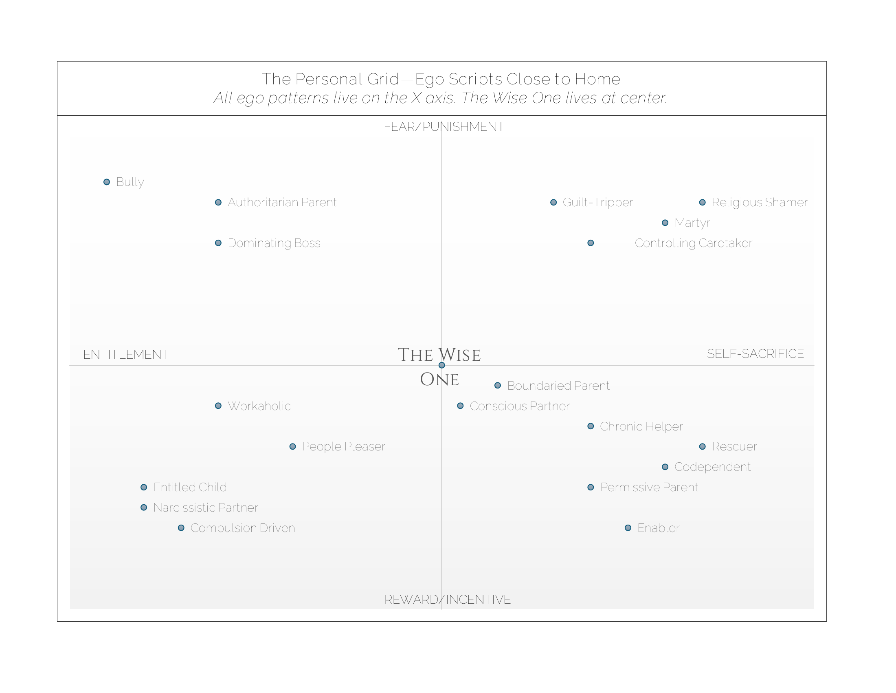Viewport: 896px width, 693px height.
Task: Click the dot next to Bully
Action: point(107,182)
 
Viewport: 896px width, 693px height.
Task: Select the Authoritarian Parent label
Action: point(282,203)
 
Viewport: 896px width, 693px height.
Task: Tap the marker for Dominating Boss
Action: point(218,243)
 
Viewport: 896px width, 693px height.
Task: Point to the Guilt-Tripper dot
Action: point(553,203)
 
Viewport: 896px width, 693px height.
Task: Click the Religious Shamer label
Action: point(760,203)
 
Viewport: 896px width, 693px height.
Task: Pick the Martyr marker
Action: point(665,223)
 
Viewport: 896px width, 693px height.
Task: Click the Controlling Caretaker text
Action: point(693,243)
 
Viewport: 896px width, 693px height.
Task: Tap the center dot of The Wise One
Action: point(442,365)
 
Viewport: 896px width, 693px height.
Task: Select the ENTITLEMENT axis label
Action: point(125,354)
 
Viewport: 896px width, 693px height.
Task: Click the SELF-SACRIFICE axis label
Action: point(755,353)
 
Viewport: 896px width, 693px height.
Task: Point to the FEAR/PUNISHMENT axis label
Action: point(444,127)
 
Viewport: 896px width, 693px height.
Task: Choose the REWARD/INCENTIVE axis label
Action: point(447,599)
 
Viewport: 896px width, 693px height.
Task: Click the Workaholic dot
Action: point(218,406)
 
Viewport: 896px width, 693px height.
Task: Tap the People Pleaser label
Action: point(343,446)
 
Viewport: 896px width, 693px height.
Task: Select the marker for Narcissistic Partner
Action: point(144,508)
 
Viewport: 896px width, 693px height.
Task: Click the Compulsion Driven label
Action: point(242,528)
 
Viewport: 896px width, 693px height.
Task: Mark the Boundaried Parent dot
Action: point(498,385)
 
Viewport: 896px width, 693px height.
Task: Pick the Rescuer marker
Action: point(703,446)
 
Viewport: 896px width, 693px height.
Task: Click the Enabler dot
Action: point(628,528)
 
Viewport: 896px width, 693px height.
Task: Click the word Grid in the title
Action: point(383,79)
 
